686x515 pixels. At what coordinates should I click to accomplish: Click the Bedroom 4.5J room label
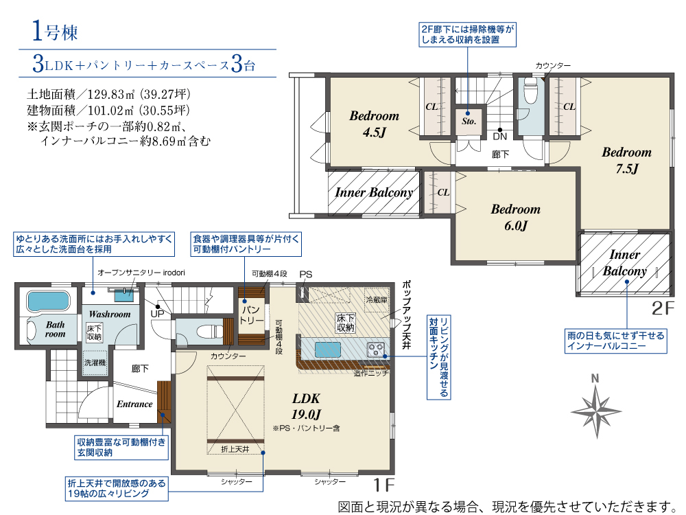click(x=374, y=124)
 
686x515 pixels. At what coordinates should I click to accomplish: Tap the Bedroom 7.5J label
click(x=626, y=160)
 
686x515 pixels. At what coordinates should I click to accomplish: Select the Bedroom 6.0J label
click(x=515, y=217)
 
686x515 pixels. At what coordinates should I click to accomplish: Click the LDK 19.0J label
click(x=306, y=406)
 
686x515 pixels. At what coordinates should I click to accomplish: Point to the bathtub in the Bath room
click(x=48, y=301)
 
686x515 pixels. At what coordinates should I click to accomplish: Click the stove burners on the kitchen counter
click(x=376, y=350)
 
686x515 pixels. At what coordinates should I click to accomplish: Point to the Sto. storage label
click(x=469, y=122)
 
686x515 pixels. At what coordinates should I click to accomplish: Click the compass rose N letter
click(x=595, y=378)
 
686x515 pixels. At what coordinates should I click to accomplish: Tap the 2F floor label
click(x=663, y=308)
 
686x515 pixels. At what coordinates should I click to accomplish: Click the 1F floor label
click(x=383, y=485)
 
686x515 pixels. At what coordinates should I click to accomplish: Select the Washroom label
click(x=109, y=314)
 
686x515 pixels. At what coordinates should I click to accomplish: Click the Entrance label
click(x=134, y=404)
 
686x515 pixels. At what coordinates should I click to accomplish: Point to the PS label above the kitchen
click(x=306, y=275)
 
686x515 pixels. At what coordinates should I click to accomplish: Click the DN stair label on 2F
click(x=499, y=136)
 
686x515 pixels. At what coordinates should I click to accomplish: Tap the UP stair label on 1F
click(x=157, y=314)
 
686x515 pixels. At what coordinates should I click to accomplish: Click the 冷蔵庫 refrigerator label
click(x=376, y=300)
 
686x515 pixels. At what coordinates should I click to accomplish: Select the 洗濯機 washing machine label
click(x=95, y=363)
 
